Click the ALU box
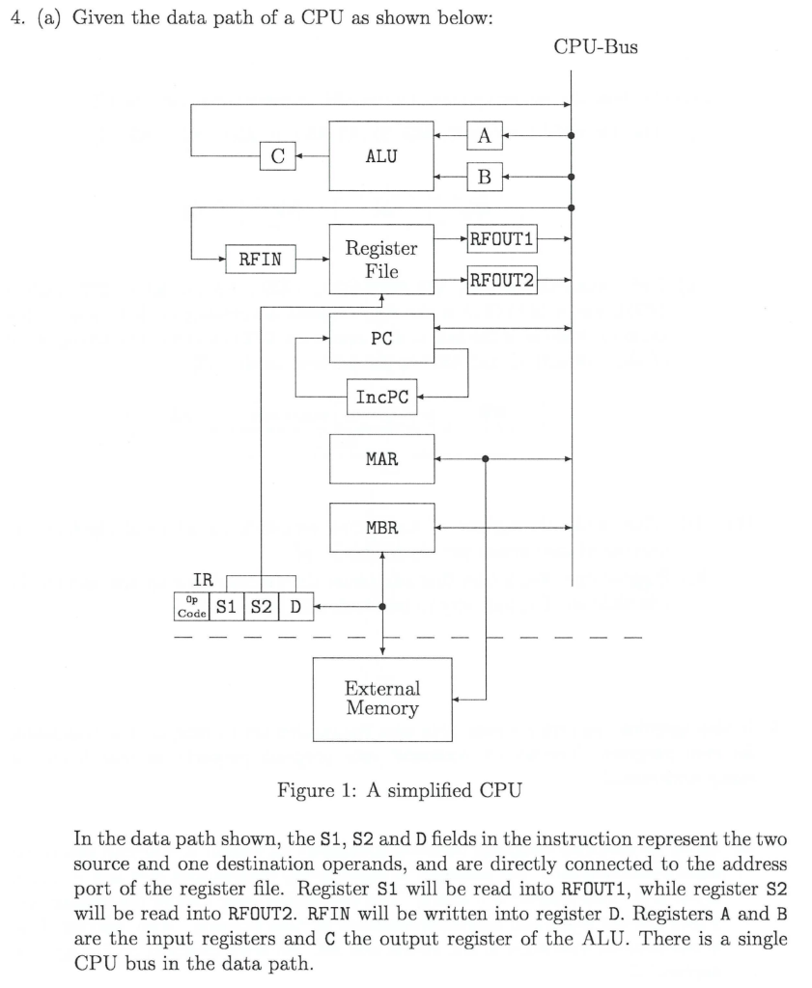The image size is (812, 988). coord(381,155)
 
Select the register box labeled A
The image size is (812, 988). coord(484,136)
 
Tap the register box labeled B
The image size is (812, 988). coord(484,177)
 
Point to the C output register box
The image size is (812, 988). coord(277,155)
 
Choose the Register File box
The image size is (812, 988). coord(381,259)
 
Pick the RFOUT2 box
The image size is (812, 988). coord(502,282)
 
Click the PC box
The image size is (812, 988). coord(381,338)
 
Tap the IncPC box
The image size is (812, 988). coord(381,397)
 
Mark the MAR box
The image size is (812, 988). coord(381,459)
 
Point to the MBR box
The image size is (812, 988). coord(381,528)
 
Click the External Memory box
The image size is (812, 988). coord(382,700)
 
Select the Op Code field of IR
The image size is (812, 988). coord(190,607)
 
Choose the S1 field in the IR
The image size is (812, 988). coord(226,607)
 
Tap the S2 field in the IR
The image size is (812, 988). coord(261,607)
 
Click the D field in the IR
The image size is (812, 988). coord(295,607)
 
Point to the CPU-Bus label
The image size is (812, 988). coord(596,47)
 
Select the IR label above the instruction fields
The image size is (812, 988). coord(204,580)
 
